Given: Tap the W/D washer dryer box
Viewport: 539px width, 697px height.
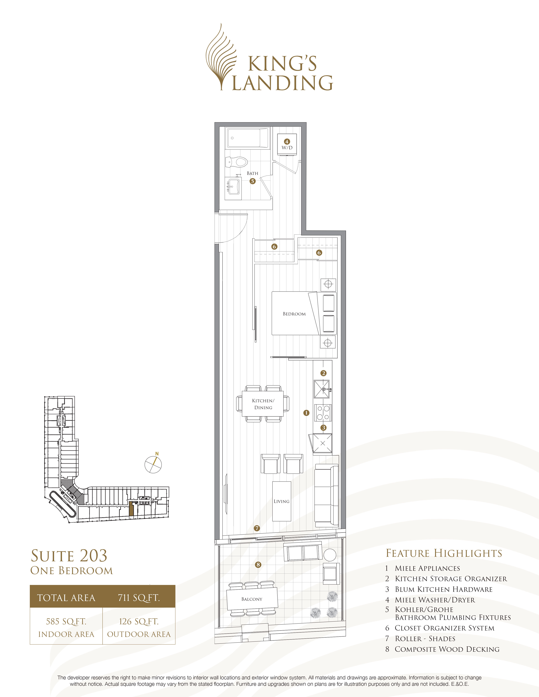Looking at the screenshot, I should pyautogui.click(x=287, y=144).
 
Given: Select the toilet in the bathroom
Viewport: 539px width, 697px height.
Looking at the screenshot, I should pyautogui.click(x=236, y=162).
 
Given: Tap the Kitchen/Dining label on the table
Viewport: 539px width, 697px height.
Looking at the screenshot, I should pyautogui.click(x=263, y=404).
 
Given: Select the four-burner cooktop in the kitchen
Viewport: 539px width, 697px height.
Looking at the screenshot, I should pyautogui.click(x=323, y=413).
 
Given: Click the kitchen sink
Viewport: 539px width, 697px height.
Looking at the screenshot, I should pyautogui.click(x=322, y=389).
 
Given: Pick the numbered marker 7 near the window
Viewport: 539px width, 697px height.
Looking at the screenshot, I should pyautogui.click(x=257, y=528).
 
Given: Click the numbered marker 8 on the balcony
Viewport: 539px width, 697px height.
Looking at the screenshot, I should pyautogui.click(x=258, y=565).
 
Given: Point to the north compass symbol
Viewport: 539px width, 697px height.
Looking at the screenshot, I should pyautogui.click(x=153, y=464).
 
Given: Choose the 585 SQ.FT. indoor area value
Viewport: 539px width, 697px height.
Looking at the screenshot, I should pyautogui.click(x=66, y=621).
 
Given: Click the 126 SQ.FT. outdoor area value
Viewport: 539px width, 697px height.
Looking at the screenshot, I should pyautogui.click(x=139, y=621).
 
